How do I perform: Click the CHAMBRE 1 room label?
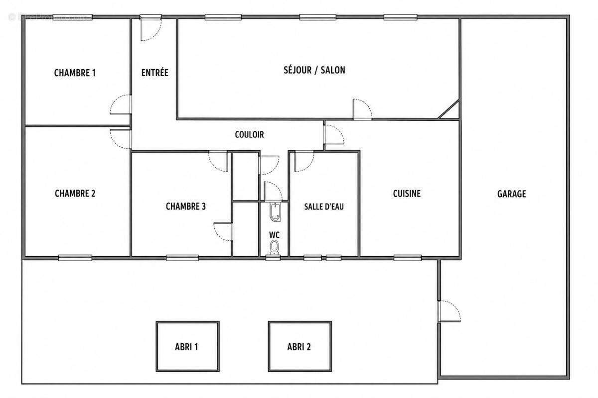pyautogui.click(x=75, y=73)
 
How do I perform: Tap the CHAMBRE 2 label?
pyautogui.click(x=75, y=193)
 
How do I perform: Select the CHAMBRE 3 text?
pyautogui.click(x=186, y=206)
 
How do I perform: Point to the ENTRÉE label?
pyautogui.click(x=155, y=73)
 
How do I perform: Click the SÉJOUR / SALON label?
pyautogui.click(x=314, y=70)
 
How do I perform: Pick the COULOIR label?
pyautogui.click(x=249, y=134)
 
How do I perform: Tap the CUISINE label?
pyautogui.click(x=407, y=193)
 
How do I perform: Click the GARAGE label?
pyautogui.click(x=511, y=194)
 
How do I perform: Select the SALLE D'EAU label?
pyautogui.click(x=324, y=206)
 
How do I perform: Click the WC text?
pyautogui.click(x=274, y=235)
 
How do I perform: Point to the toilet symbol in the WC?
pyautogui.click(x=274, y=247)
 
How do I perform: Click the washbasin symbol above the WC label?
pyautogui.click(x=275, y=212)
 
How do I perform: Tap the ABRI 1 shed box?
pyautogui.click(x=188, y=346)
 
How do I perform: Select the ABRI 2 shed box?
pyautogui.click(x=300, y=346)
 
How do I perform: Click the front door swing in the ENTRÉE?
pyautogui.click(x=150, y=28)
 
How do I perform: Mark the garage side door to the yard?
pyautogui.click(x=449, y=311)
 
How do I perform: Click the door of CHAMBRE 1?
pyautogui.click(x=121, y=104)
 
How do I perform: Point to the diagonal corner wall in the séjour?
pyautogui.click(x=449, y=109)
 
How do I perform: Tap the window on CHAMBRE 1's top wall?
pyautogui.click(x=73, y=17)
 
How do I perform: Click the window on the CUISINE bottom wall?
pyautogui.click(x=408, y=258)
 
